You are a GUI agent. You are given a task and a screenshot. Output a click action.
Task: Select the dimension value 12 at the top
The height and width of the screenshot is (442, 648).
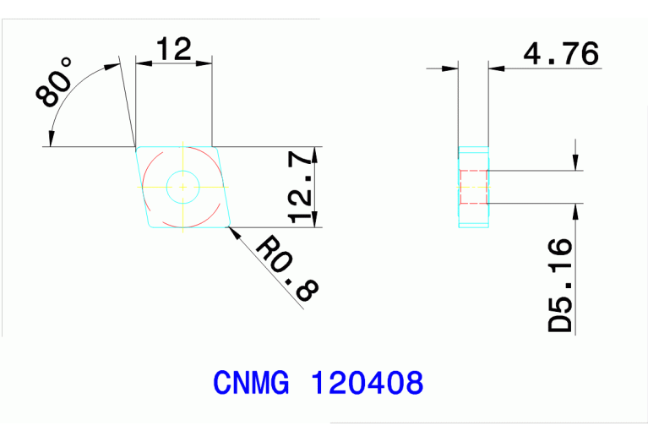coord(174,49)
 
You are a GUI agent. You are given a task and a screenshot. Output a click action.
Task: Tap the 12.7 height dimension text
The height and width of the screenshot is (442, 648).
coord(300,188)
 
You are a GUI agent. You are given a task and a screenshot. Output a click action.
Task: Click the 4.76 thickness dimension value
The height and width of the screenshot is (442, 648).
coord(561,54)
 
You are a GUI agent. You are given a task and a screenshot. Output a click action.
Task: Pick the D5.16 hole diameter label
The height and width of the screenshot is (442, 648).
coord(560,286)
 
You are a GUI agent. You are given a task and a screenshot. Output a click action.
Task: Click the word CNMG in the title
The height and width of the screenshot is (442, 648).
coord(251,384)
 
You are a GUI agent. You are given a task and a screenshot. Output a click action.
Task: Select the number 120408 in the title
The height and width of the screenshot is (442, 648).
coord(368,384)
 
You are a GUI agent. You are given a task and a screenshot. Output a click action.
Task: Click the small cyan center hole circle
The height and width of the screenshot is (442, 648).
coord(182,186)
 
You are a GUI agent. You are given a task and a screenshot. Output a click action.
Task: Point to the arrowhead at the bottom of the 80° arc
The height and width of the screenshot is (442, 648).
coord(52,138)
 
